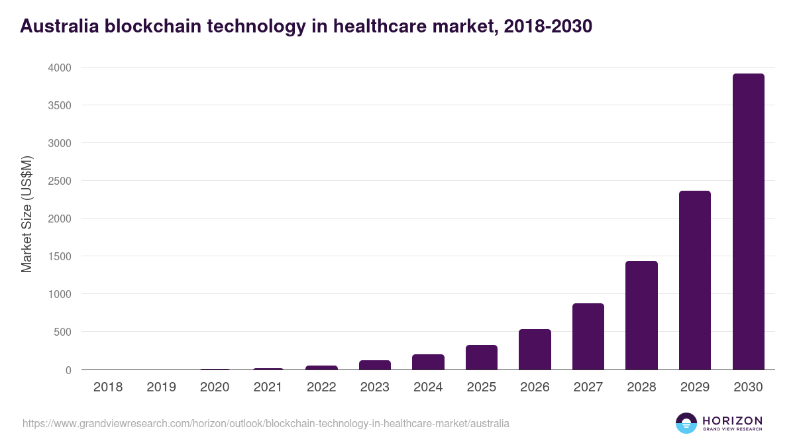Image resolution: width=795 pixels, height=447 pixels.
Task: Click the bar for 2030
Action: (x=748, y=222)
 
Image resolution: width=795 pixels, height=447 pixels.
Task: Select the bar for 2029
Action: (x=694, y=280)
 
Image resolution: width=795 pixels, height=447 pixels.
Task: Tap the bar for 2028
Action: (x=641, y=315)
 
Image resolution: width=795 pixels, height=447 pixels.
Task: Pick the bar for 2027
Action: (x=588, y=336)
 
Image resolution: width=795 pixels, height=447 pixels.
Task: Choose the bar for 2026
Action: (x=535, y=350)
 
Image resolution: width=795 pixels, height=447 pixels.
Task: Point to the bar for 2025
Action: (x=482, y=358)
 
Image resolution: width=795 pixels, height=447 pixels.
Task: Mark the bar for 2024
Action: (x=428, y=362)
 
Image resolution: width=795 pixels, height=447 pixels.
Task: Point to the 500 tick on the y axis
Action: (x=62, y=332)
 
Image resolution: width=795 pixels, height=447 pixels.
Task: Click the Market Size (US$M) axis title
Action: (x=26, y=214)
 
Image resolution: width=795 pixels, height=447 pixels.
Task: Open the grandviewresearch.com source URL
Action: (x=266, y=423)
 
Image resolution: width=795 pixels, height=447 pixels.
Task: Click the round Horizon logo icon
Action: (x=686, y=423)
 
